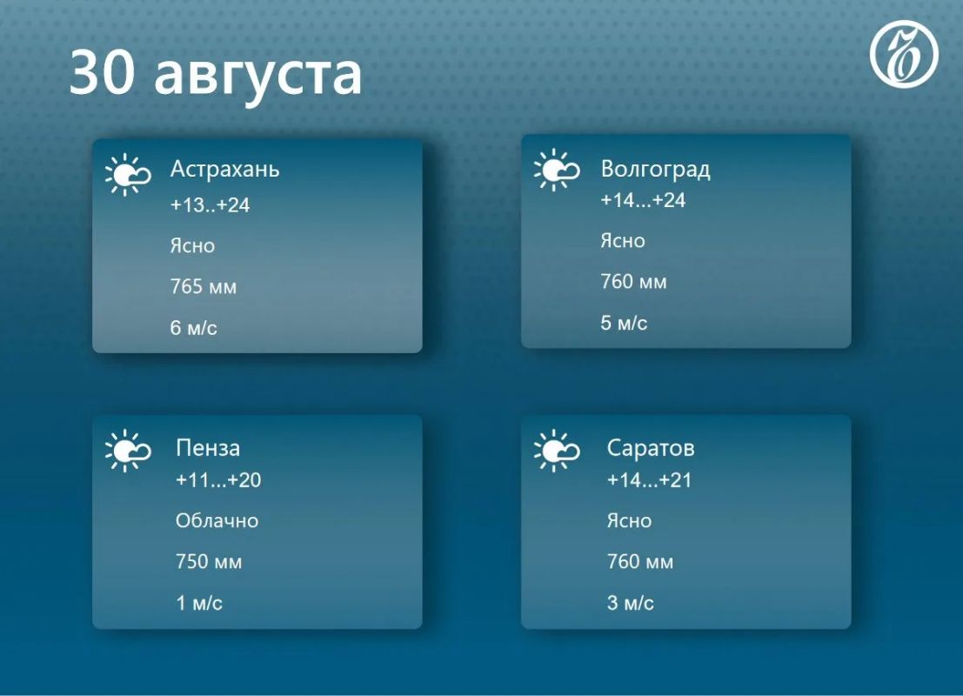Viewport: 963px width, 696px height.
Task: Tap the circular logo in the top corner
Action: coord(904,54)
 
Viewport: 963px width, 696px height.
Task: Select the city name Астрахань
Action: coord(224,168)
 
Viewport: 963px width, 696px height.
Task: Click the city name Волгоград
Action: coord(655,168)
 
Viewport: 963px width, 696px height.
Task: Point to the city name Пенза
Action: coord(208,448)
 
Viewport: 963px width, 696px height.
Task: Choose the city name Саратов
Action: coord(651,448)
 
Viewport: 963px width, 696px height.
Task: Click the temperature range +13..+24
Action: coord(210,205)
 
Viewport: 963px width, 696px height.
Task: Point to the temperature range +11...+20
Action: coord(218,479)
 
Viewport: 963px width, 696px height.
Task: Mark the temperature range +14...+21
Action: coord(649,479)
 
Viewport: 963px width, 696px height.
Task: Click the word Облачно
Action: coord(217,521)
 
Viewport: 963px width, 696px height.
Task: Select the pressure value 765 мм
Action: coord(204,287)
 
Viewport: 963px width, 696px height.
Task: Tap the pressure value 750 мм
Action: coord(209,561)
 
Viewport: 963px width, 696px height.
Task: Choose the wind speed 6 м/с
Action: coord(193,327)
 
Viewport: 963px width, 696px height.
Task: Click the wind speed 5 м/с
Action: coord(624,323)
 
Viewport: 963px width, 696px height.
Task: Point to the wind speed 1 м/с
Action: coord(199,603)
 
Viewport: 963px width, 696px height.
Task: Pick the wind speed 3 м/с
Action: coord(630,603)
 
